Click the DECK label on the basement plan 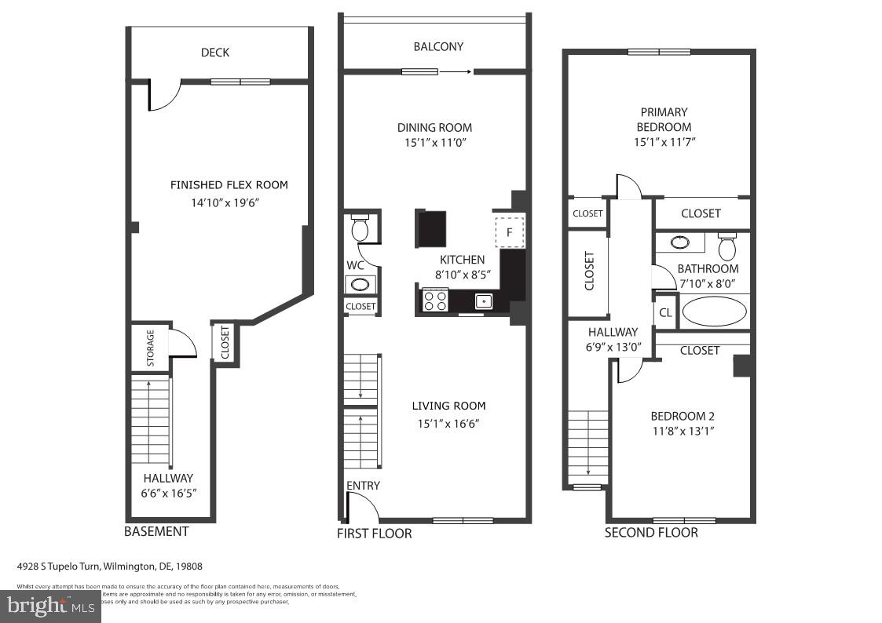pos(215,53)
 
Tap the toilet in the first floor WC pos(360,228)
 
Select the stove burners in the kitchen pos(435,301)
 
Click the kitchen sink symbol pos(483,301)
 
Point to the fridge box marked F pos(509,231)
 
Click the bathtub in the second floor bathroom pos(714,311)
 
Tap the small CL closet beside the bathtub pos(665,312)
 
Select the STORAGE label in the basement pos(151,348)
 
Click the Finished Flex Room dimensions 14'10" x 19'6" pos(229,201)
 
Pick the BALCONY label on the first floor pos(438,46)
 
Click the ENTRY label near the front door pos(363,486)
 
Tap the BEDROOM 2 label pos(683,416)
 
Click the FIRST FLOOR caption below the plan pos(374,534)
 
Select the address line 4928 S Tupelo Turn pos(110,566)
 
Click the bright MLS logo pos(50,606)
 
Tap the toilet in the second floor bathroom pos(727,247)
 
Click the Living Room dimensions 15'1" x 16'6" pos(448,424)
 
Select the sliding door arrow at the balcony pos(456,72)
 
